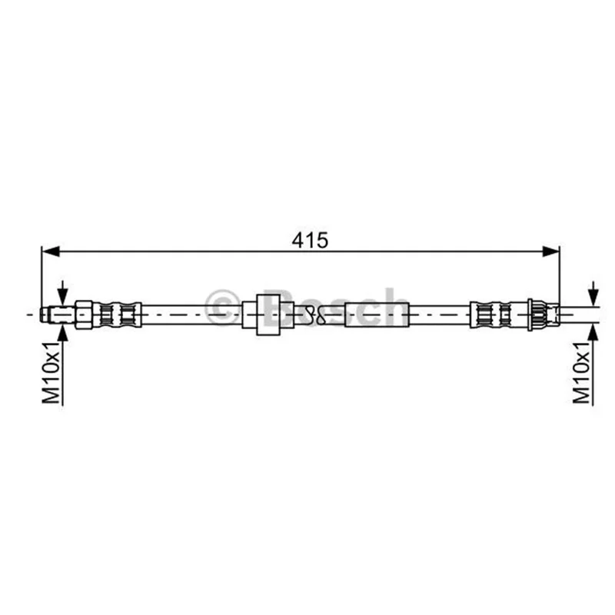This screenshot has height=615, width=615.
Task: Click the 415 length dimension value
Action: click(310, 241)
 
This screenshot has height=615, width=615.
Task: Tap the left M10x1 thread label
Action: click(52, 372)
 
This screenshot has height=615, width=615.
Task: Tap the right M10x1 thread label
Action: click(582, 372)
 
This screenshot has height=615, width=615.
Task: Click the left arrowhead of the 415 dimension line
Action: click(51, 252)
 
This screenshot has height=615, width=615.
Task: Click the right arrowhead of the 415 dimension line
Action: click(550, 252)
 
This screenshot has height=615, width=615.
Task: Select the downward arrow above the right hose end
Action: click(593, 294)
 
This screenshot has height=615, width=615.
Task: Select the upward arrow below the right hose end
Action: click(593, 337)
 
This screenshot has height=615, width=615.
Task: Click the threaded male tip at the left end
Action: click(58, 314)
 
